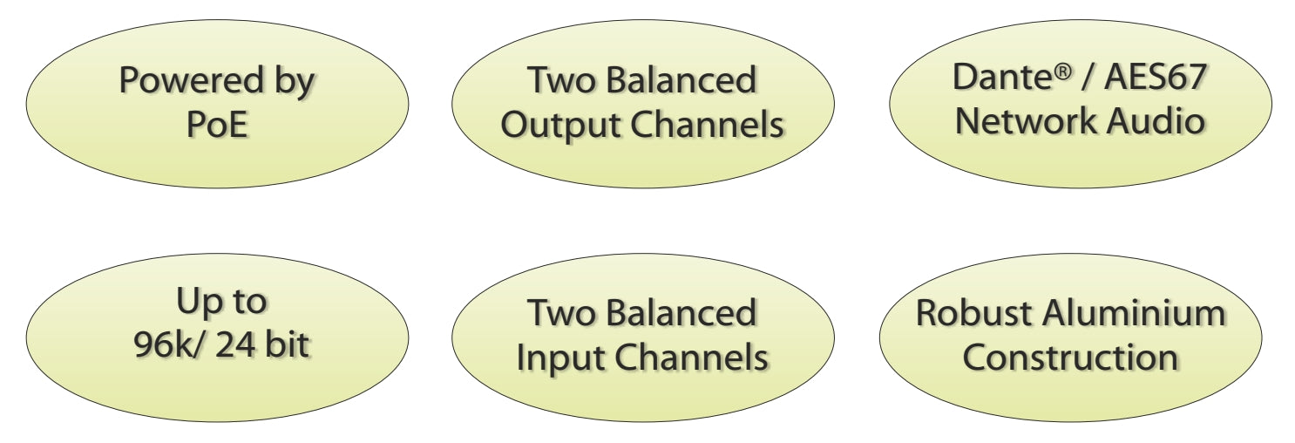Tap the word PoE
pos(217,126)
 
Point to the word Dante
pos(999,78)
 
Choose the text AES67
pos(1156,78)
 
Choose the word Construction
pos(1070,358)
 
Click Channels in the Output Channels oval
pos(707,126)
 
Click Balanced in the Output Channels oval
pos(681,81)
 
